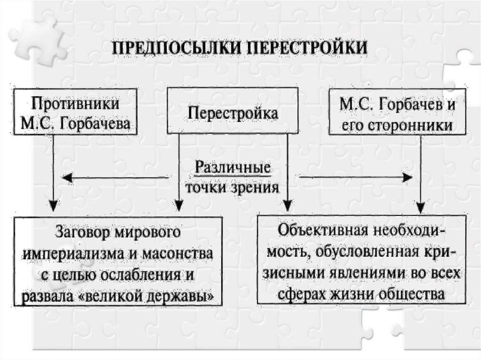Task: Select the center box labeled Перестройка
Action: (x=233, y=113)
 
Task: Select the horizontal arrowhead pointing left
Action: (x=67, y=177)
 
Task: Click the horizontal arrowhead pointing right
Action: (x=407, y=177)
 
